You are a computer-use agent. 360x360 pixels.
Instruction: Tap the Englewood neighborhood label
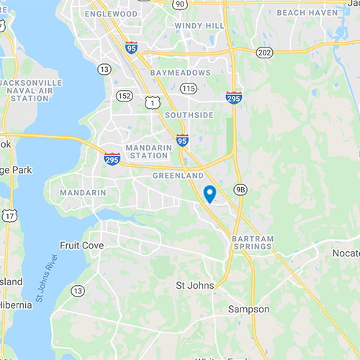(x=111, y=14)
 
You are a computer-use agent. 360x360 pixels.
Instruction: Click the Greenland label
(x=176, y=175)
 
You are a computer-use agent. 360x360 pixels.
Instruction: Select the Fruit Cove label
(x=81, y=246)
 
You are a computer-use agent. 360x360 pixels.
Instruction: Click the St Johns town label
(x=195, y=286)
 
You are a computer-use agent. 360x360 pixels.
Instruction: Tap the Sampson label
(x=248, y=309)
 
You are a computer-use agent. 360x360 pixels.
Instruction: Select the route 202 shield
(x=264, y=52)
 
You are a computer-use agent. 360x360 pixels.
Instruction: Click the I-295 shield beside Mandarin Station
(x=112, y=158)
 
